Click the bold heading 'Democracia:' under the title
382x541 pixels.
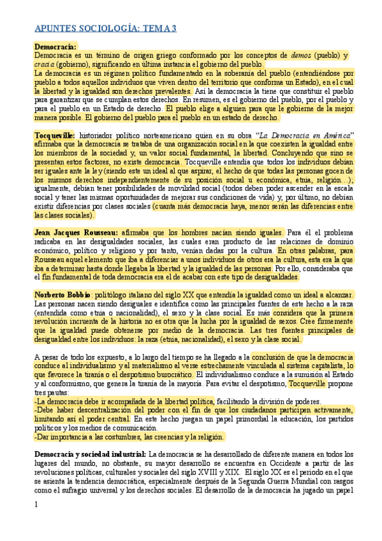pos(55,47)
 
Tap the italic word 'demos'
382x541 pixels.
pos(302,56)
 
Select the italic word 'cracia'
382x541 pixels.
pos(45,64)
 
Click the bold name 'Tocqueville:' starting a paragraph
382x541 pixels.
pos(55,136)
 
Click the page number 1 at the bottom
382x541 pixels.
pos(36,505)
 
